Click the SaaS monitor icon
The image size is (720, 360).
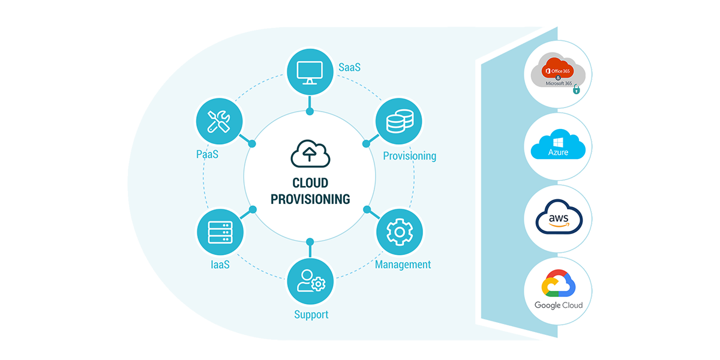[x=310, y=73]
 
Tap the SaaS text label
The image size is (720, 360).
[x=349, y=67]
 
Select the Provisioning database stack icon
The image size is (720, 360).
[x=399, y=122]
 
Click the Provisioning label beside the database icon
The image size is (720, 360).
[x=409, y=156]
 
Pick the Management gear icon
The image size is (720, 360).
[x=399, y=232]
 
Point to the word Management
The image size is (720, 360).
[x=403, y=265]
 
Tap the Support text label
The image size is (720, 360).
[x=311, y=314]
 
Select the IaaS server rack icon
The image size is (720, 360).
[x=220, y=232]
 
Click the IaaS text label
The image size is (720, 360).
[x=220, y=265]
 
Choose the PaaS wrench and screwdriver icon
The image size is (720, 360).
[x=220, y=122]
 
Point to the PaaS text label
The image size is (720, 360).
[x=207, y=155]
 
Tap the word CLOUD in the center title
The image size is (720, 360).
[x=310, y=183]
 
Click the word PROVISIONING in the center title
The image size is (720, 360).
[x=310, y=199]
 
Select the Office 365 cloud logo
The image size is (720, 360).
[x=557, y=71]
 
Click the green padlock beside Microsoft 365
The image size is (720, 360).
[x=576, y=90]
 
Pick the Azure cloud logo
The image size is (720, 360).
[x=557, y=146]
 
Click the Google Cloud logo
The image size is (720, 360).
[x=558, y=291]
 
